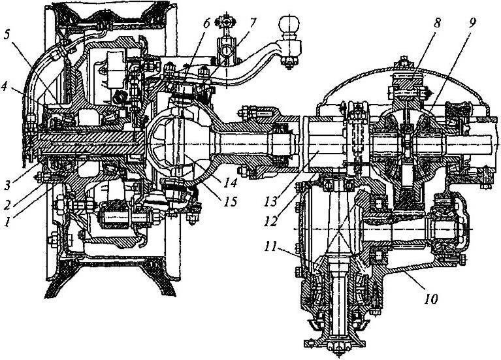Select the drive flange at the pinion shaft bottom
click(x=340, y=342)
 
